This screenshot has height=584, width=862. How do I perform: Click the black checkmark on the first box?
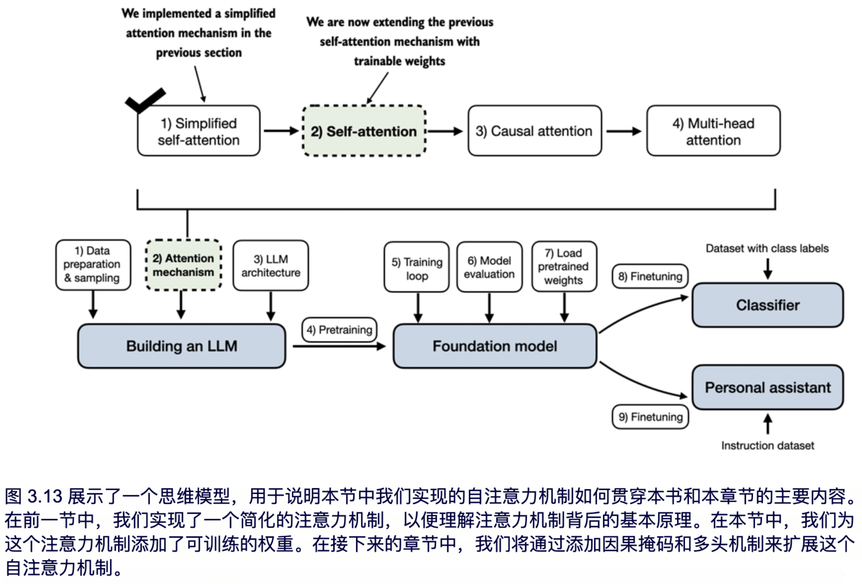(145, 100)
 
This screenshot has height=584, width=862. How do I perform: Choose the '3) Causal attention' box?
(534, 131)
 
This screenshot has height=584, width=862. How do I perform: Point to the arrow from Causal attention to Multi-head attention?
(624, 131)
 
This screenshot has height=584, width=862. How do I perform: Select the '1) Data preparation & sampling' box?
(93, 265)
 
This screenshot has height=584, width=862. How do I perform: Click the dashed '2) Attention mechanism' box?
(184, 265)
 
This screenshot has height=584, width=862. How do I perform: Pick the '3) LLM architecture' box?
(271, 266)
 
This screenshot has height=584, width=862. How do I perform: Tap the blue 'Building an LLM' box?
(182, 346)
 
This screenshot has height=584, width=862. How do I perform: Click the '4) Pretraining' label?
(339, 329)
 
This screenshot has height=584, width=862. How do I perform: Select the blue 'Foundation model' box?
(495, 346)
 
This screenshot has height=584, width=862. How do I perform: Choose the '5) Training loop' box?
(417, 268)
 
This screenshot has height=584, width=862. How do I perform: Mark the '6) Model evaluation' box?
(489, 267)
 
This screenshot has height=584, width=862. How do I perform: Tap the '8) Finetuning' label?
(650, 276)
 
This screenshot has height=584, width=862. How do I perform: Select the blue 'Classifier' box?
(768, 305)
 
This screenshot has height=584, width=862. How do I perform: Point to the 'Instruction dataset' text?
(768, 445)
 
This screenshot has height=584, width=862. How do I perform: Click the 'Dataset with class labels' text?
(767, 248)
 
